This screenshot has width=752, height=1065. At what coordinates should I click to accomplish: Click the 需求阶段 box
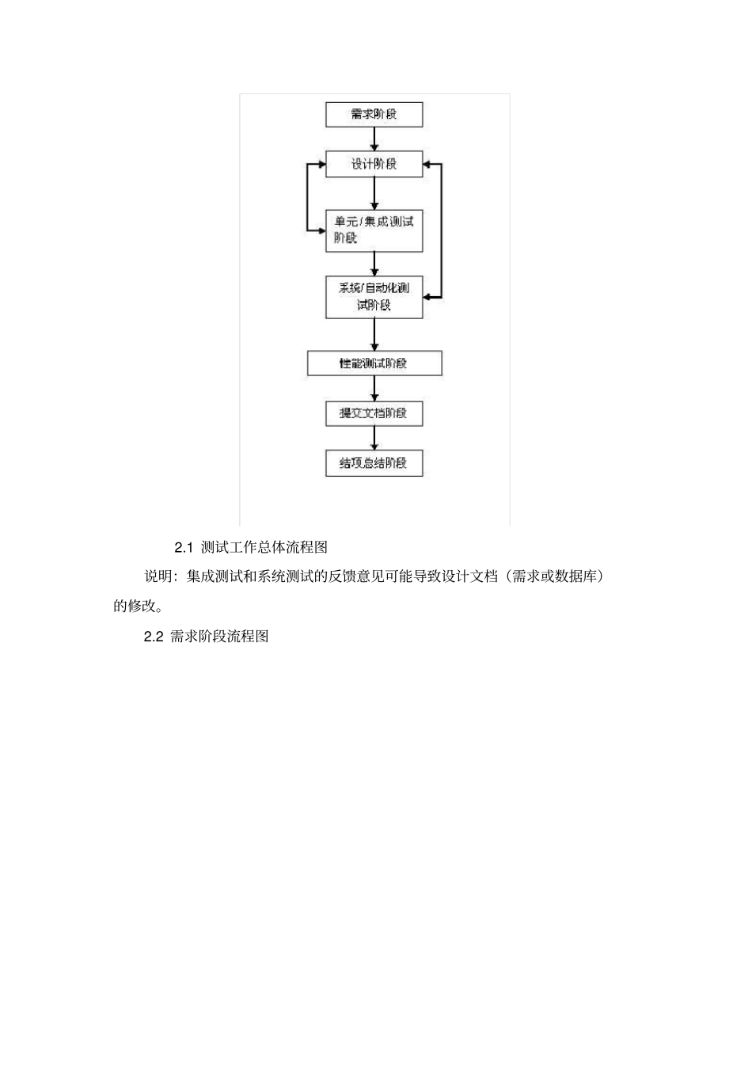374,114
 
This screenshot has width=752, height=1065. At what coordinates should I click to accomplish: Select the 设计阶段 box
374,164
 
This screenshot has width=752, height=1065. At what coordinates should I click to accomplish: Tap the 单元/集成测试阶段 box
374,230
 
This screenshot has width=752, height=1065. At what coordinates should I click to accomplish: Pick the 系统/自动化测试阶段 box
374,297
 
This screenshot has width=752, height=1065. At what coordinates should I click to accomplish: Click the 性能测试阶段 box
374,363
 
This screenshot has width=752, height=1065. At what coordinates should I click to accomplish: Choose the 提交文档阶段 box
374,413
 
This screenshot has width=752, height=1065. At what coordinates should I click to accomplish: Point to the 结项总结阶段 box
374,463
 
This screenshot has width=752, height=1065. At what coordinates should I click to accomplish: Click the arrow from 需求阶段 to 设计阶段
374,139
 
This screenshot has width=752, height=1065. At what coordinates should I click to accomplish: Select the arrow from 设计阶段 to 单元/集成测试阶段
374,193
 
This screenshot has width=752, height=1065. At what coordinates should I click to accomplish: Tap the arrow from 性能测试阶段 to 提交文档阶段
374,389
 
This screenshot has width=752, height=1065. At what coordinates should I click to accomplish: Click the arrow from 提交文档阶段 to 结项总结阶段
374,438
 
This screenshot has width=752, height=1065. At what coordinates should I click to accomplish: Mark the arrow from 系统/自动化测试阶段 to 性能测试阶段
374,334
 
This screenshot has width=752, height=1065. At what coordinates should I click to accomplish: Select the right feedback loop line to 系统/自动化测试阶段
441,230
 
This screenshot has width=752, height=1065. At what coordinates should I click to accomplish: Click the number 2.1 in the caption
184,547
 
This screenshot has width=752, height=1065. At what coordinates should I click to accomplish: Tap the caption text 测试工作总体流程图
264,547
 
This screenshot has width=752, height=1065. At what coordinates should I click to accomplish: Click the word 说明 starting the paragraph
158,577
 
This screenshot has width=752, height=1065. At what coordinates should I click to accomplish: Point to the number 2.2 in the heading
153,637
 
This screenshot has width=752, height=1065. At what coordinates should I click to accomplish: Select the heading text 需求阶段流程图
219,637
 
